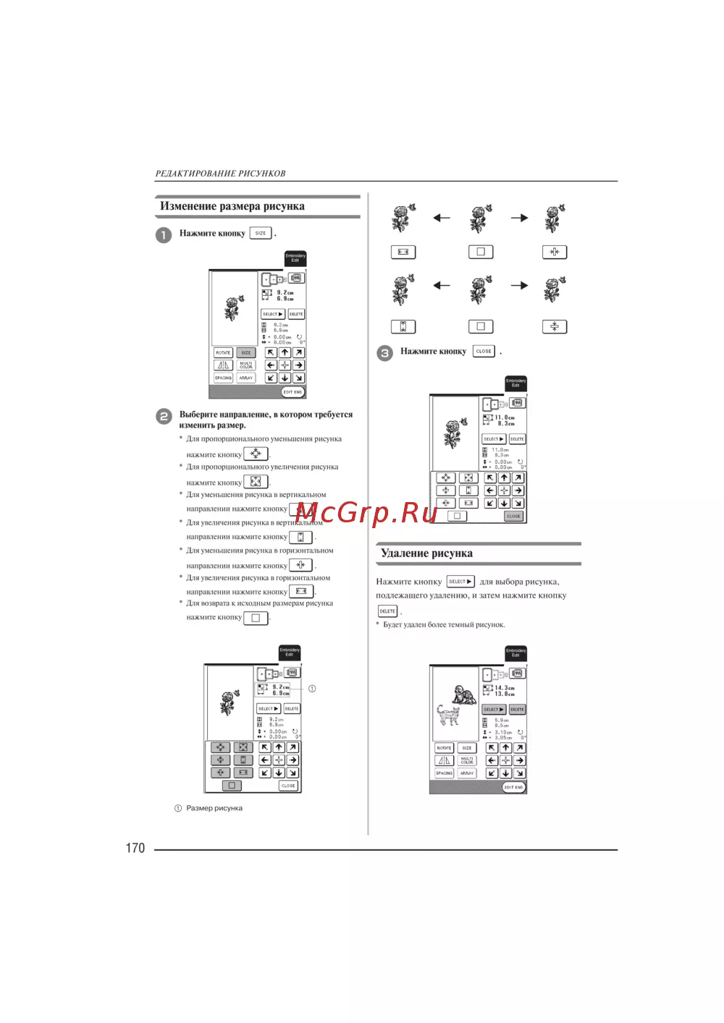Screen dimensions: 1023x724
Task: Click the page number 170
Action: [135, 848]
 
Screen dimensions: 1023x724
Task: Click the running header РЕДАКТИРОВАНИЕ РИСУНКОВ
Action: [220, 174]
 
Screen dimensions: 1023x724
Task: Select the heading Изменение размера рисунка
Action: [232, 206]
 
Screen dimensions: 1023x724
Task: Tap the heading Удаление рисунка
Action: [426, 553]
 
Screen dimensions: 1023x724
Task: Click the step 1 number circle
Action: [164, 234]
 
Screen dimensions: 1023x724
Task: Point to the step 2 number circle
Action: [164, 416]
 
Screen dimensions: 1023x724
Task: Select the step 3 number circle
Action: [384, 353]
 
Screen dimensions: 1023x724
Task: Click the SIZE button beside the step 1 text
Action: [260, 233]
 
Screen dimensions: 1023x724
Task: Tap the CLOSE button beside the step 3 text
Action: [484, 351]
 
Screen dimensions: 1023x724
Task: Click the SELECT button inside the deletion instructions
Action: [460, 582]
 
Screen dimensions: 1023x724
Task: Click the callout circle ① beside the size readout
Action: [312, 689]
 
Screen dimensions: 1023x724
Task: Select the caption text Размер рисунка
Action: [214, 808]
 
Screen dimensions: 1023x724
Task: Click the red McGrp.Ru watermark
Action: [366, 513]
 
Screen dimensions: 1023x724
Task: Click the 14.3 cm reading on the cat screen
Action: [505, 688]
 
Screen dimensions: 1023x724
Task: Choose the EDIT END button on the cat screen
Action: [513, 787]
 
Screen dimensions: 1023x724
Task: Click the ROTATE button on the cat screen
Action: [444, 748]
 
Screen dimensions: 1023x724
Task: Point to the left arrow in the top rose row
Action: [441, 218]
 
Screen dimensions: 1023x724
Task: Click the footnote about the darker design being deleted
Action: [444, 624]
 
